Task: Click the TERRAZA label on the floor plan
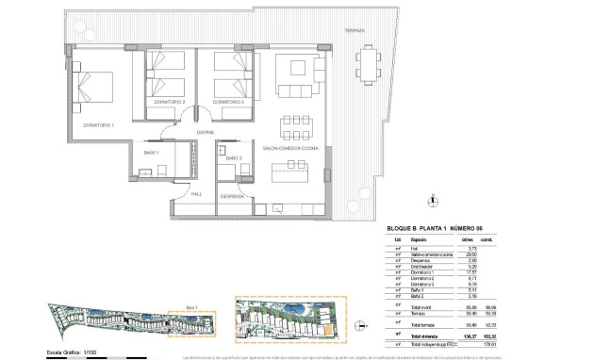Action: pyautogui.click(x=354, y=30)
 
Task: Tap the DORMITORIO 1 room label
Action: pyautogui.click(x=97, y=124)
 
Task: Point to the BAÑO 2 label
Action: pyautogui.click(x=234, y=158)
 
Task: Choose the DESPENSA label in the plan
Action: pyautogui.click(x=232, y=196)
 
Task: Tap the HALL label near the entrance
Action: pyautogui.click(x=196, y=194)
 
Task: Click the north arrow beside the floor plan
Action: pyautogui.click(x=431, y=199)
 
